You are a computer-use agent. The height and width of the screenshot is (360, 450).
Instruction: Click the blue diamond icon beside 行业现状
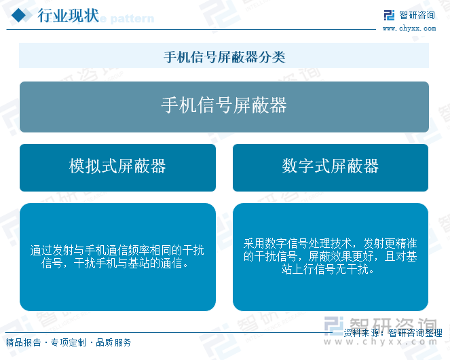(x=19, y=15)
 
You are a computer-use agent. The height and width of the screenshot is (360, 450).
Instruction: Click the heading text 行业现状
(x=69, y=16)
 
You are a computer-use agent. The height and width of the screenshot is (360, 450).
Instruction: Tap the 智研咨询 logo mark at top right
(x=389, y=15)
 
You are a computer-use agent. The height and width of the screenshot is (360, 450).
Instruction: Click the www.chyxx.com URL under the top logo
(x=409, y=28)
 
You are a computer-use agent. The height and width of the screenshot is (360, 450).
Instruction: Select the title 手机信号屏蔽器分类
(x=225, y=56)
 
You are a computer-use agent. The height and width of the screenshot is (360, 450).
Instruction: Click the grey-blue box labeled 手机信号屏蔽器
(x=224, y=107)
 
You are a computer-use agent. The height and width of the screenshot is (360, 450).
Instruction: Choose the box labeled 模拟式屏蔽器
(x=117, y=168)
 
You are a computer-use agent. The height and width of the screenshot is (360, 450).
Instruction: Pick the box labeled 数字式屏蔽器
(x=331, y=168)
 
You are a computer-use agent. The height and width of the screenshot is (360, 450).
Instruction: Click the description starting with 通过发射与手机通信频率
(x=117, y=257)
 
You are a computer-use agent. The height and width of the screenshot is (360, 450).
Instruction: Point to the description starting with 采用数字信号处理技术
(x=330, y=256)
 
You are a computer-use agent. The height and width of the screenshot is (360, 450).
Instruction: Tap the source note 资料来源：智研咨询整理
(x=393, y=333)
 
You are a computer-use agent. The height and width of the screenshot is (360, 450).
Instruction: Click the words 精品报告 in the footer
(x=24, y=342)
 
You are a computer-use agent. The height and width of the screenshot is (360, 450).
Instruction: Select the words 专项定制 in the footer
(x=69, y=342)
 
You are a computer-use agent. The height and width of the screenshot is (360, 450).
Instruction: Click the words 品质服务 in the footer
(x=113, y=342)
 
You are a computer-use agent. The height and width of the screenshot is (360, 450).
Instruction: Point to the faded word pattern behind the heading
(x=132, y=18)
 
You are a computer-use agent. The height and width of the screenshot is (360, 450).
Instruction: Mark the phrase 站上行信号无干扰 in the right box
(x=325, y=269)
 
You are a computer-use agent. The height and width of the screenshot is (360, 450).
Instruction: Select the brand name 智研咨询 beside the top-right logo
(x=417, y=15)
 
